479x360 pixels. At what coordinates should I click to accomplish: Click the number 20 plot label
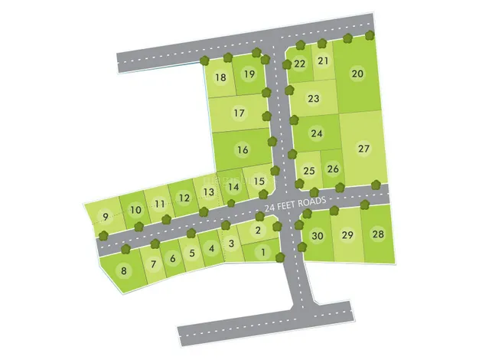click(357, 74)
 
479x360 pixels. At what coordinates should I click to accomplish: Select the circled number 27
click(363, 149)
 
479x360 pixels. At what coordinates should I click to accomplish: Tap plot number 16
click(243, 150)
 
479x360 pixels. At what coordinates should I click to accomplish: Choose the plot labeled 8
click(122, 270)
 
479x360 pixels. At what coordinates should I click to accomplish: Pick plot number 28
click(377, 234)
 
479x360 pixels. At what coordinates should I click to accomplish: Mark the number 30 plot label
click(318, 236)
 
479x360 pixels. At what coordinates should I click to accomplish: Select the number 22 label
click(300, 64)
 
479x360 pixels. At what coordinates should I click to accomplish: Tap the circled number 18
click(220, 77)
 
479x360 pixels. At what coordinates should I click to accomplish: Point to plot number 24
click(317, 133)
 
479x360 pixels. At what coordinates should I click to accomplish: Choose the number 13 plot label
click(208, 191)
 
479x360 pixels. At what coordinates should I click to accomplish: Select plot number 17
click(239, 113)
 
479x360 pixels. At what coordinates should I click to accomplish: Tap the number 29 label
click(347, 235)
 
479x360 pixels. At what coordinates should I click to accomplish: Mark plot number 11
click(159, 204)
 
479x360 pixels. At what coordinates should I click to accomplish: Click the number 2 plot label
click(258, 231)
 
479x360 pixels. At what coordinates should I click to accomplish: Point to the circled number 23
click(313, 99)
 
